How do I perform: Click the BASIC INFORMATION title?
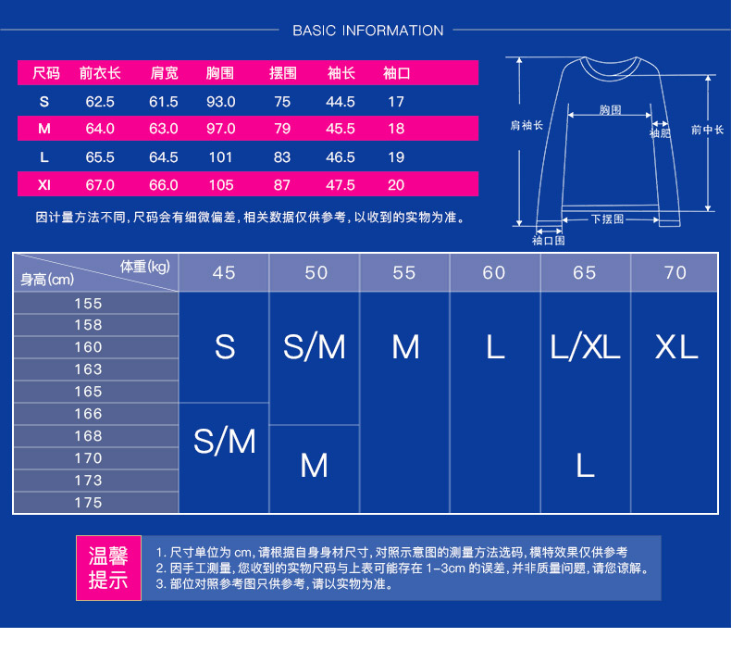point(367,31)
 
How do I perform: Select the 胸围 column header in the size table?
point(219,73)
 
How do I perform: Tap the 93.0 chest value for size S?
point(219,101)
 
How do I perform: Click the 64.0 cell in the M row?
point(100,129)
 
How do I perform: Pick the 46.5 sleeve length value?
point(341,157)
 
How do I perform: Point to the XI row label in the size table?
point(44,185)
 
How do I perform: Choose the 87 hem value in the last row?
point(282,185)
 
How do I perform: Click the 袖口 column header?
point(396,73)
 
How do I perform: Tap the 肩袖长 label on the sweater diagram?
point(527,124)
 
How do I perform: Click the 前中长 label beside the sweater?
point(707,131)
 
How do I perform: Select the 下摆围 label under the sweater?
point(607,219)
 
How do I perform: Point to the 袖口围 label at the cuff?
point(548,241)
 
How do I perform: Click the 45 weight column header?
point(224,272)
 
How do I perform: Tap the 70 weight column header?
point(675,272)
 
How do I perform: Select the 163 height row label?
point(89,369)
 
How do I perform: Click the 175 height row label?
point(89,503)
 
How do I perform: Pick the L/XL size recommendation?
point(585,347)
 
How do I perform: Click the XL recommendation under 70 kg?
point(676,347)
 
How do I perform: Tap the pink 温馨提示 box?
point(108,568)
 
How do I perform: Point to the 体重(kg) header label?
point(145,267)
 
